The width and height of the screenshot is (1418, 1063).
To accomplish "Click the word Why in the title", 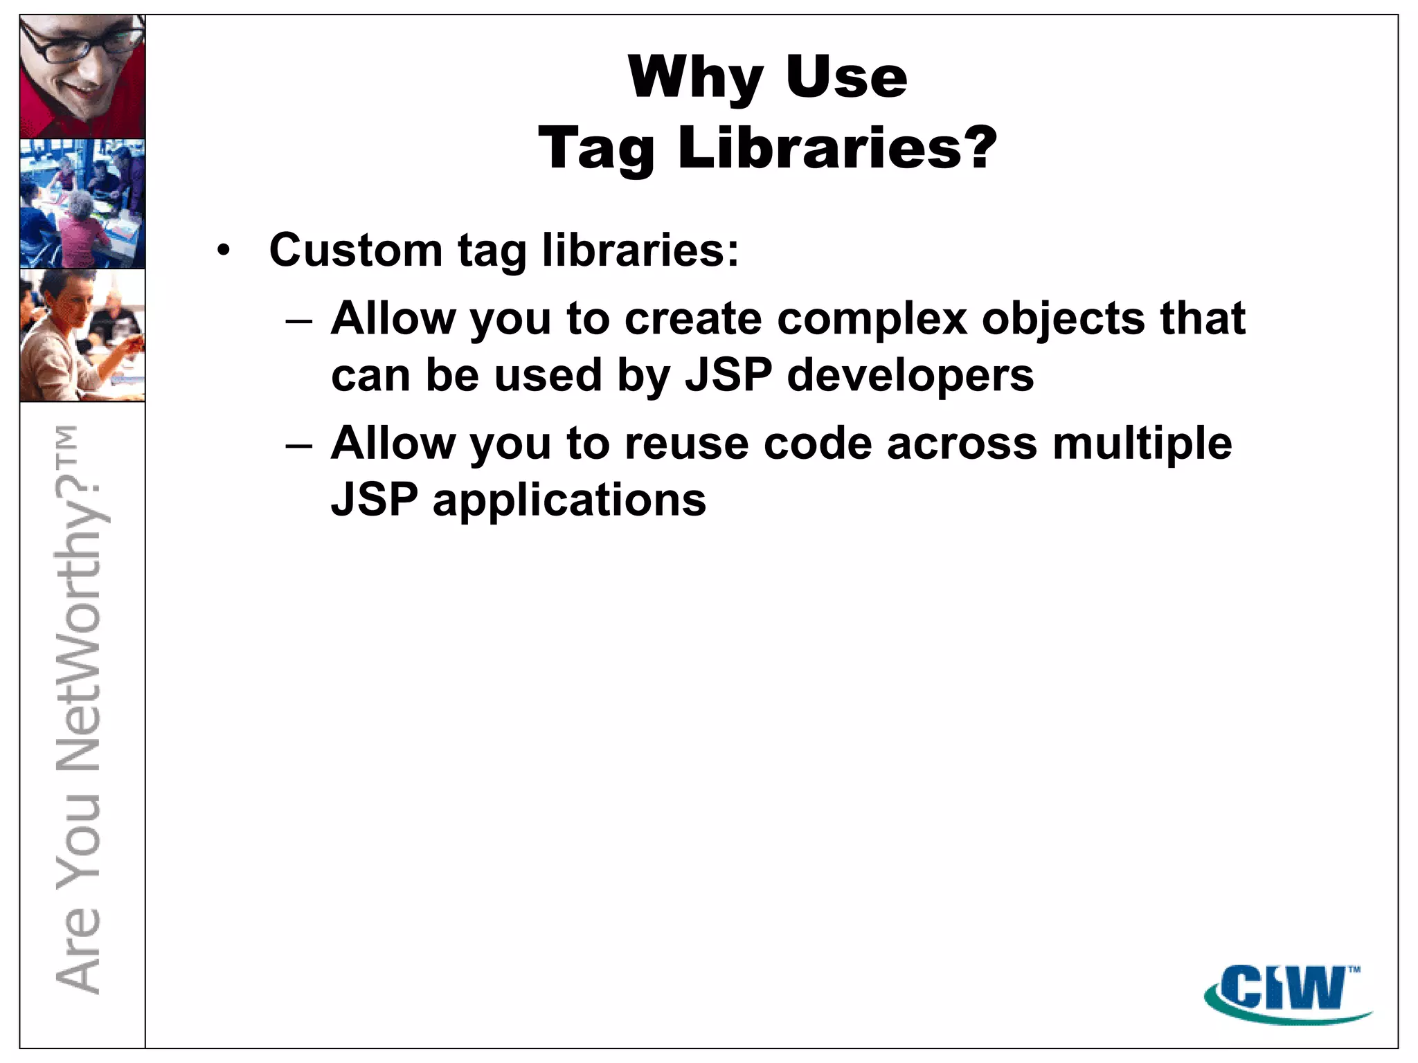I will [696, 78].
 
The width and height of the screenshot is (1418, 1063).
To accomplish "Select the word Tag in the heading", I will [596, 149].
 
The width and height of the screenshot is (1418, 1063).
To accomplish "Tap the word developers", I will [910, 376].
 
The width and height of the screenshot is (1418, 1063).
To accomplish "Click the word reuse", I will [686, 443].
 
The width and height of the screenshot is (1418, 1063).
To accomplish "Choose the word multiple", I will [1142, 444].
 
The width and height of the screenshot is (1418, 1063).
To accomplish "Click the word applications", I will [569, 501].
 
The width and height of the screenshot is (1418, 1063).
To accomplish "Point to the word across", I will [962, 443].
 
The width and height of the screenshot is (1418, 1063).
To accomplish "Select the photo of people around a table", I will [82, 203].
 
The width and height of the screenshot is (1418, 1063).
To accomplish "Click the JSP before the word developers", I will [728, 376].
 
